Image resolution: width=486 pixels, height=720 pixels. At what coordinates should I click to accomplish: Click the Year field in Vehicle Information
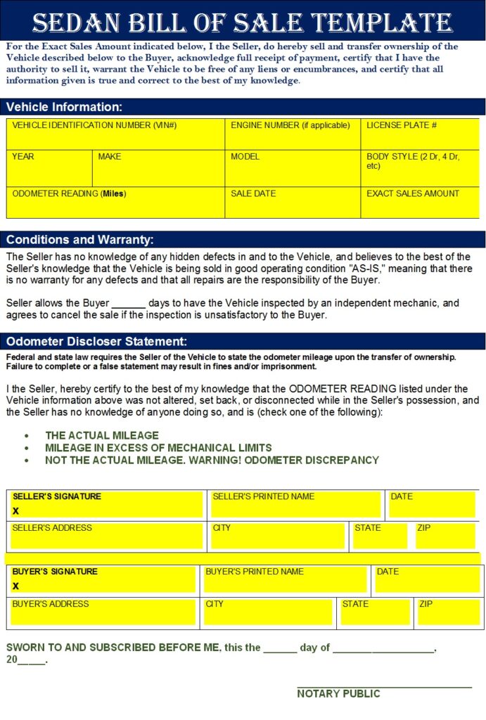click(x=49, y=169)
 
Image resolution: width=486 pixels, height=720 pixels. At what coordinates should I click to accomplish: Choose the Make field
click(x=158, y=169)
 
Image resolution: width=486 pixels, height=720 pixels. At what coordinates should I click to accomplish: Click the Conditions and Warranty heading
click(x=79, y=239)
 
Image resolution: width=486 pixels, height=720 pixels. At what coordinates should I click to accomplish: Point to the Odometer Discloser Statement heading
click(x=96, y=342)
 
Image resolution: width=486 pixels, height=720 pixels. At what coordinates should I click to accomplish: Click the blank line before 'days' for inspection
click(x=129, y=304)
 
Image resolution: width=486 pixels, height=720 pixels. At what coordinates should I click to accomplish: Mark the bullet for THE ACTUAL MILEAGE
click(x=27, y=436)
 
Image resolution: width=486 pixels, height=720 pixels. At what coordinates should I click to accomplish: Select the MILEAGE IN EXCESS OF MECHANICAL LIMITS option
click(x=158, y=448)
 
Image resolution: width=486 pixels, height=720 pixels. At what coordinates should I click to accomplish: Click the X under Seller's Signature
click(x=15, y=511)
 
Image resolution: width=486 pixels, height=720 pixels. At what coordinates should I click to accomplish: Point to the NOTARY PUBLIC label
click(x=338, y=693)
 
